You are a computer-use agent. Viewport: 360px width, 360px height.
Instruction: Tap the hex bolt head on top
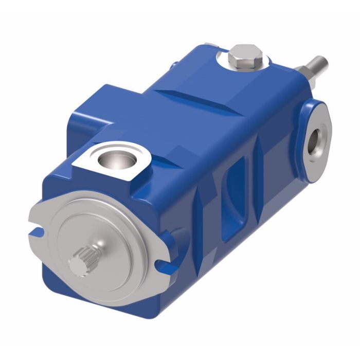coord(246,56)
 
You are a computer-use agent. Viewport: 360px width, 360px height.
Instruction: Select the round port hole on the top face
coord(112,159)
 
